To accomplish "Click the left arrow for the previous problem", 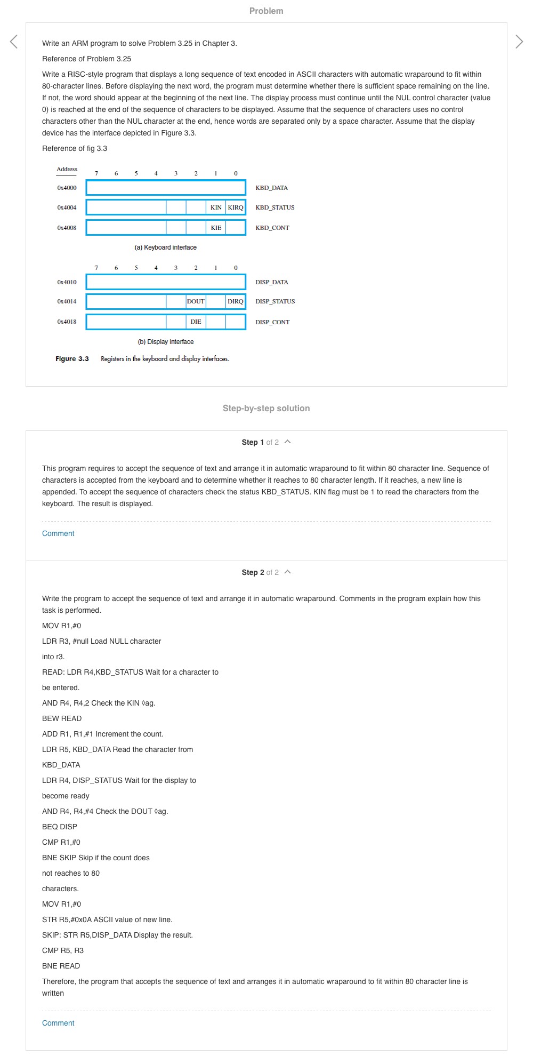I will tap(14, 42).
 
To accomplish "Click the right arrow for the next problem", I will tap(519, 42).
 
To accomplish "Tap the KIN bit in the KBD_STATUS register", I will tap(216, 207).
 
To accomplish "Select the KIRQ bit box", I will tap(236, 207).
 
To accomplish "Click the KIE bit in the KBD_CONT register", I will tap(216, 228).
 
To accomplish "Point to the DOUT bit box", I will tap(196, 301).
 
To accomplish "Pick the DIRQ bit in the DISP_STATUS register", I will tap(236, 301).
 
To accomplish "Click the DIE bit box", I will tap(196, 322).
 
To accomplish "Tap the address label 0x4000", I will tap(67, 188).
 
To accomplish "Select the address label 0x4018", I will tap(67, 322).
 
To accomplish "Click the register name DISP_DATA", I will tap(271, 282).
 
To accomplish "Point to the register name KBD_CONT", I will tap(272, 228).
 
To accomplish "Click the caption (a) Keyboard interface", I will tap(166, 247).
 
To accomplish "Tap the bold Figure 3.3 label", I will tap(72, 359).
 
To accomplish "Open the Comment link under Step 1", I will tap(58, 533).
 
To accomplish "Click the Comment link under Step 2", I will tap(58, 1023).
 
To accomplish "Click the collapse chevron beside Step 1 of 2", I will tap(288, 442).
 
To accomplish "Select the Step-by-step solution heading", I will tap(266, 408).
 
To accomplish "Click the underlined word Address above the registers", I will tap(67, 170).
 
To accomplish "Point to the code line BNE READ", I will tap(61, 966).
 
